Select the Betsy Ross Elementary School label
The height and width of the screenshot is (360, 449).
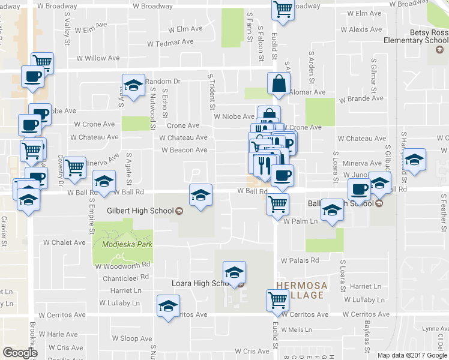(417, 37)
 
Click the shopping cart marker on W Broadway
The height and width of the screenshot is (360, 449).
(283, 9)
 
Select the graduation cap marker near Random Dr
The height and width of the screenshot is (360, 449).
(133, 85)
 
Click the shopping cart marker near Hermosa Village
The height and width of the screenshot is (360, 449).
(277, 299)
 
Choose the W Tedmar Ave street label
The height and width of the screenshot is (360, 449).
(170, 43)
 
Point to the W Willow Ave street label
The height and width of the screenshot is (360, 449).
(98, 59)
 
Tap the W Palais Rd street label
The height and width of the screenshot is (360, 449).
(300, 260)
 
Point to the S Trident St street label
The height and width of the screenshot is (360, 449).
(211, 92)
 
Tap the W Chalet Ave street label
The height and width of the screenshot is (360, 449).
(64, 243)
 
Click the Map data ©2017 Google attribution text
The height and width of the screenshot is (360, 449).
(412, 355)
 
